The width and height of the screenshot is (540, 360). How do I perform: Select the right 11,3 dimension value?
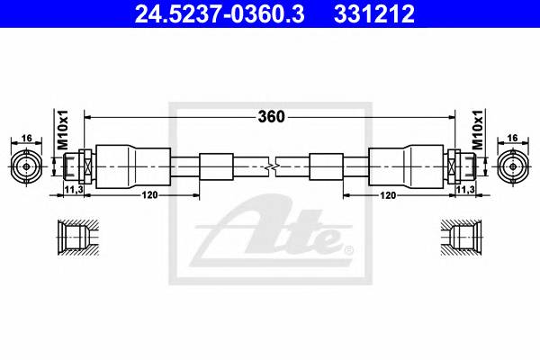466,191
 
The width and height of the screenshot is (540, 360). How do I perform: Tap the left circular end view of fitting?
27,166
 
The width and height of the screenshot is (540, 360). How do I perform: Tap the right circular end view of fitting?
513,166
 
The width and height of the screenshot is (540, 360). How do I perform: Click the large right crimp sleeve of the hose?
407,166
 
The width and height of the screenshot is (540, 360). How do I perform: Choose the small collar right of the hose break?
325,166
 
